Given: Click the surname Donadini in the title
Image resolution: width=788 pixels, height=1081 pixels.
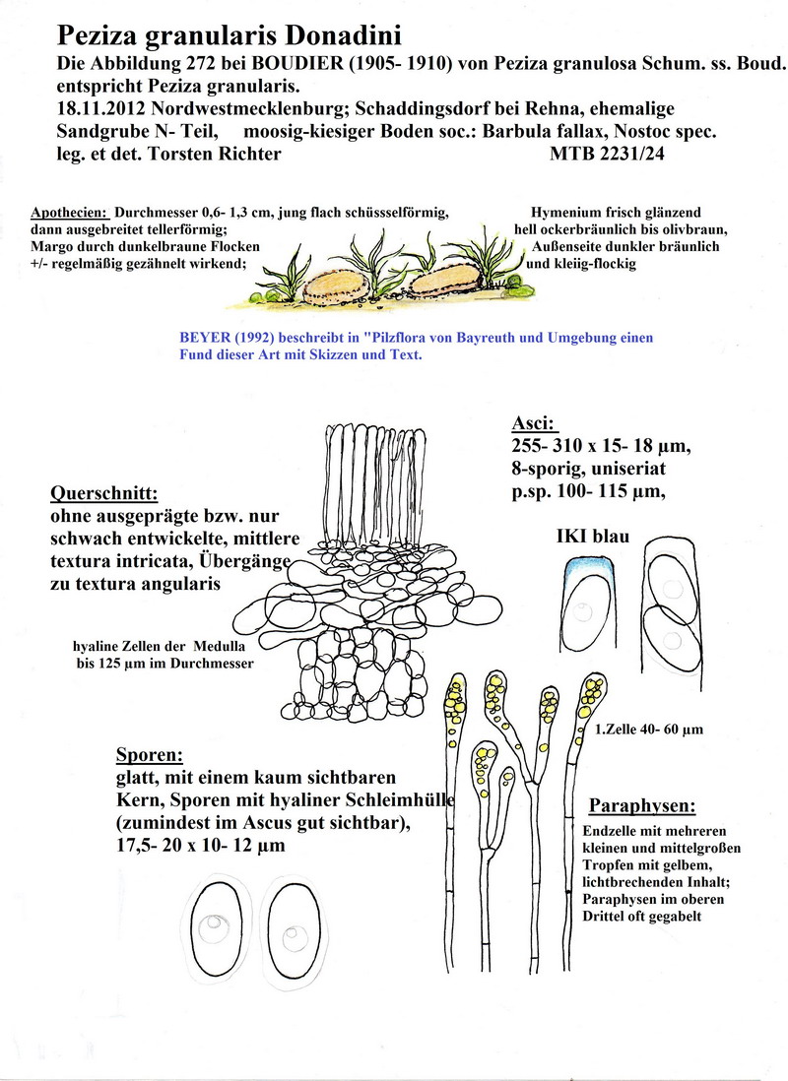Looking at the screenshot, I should point(343,36).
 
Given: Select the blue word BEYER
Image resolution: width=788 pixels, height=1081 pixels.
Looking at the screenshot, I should point(203,338).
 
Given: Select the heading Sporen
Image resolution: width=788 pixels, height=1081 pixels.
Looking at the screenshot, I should point(150,755).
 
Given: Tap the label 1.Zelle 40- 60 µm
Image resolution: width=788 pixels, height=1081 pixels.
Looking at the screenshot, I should point(649,731).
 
